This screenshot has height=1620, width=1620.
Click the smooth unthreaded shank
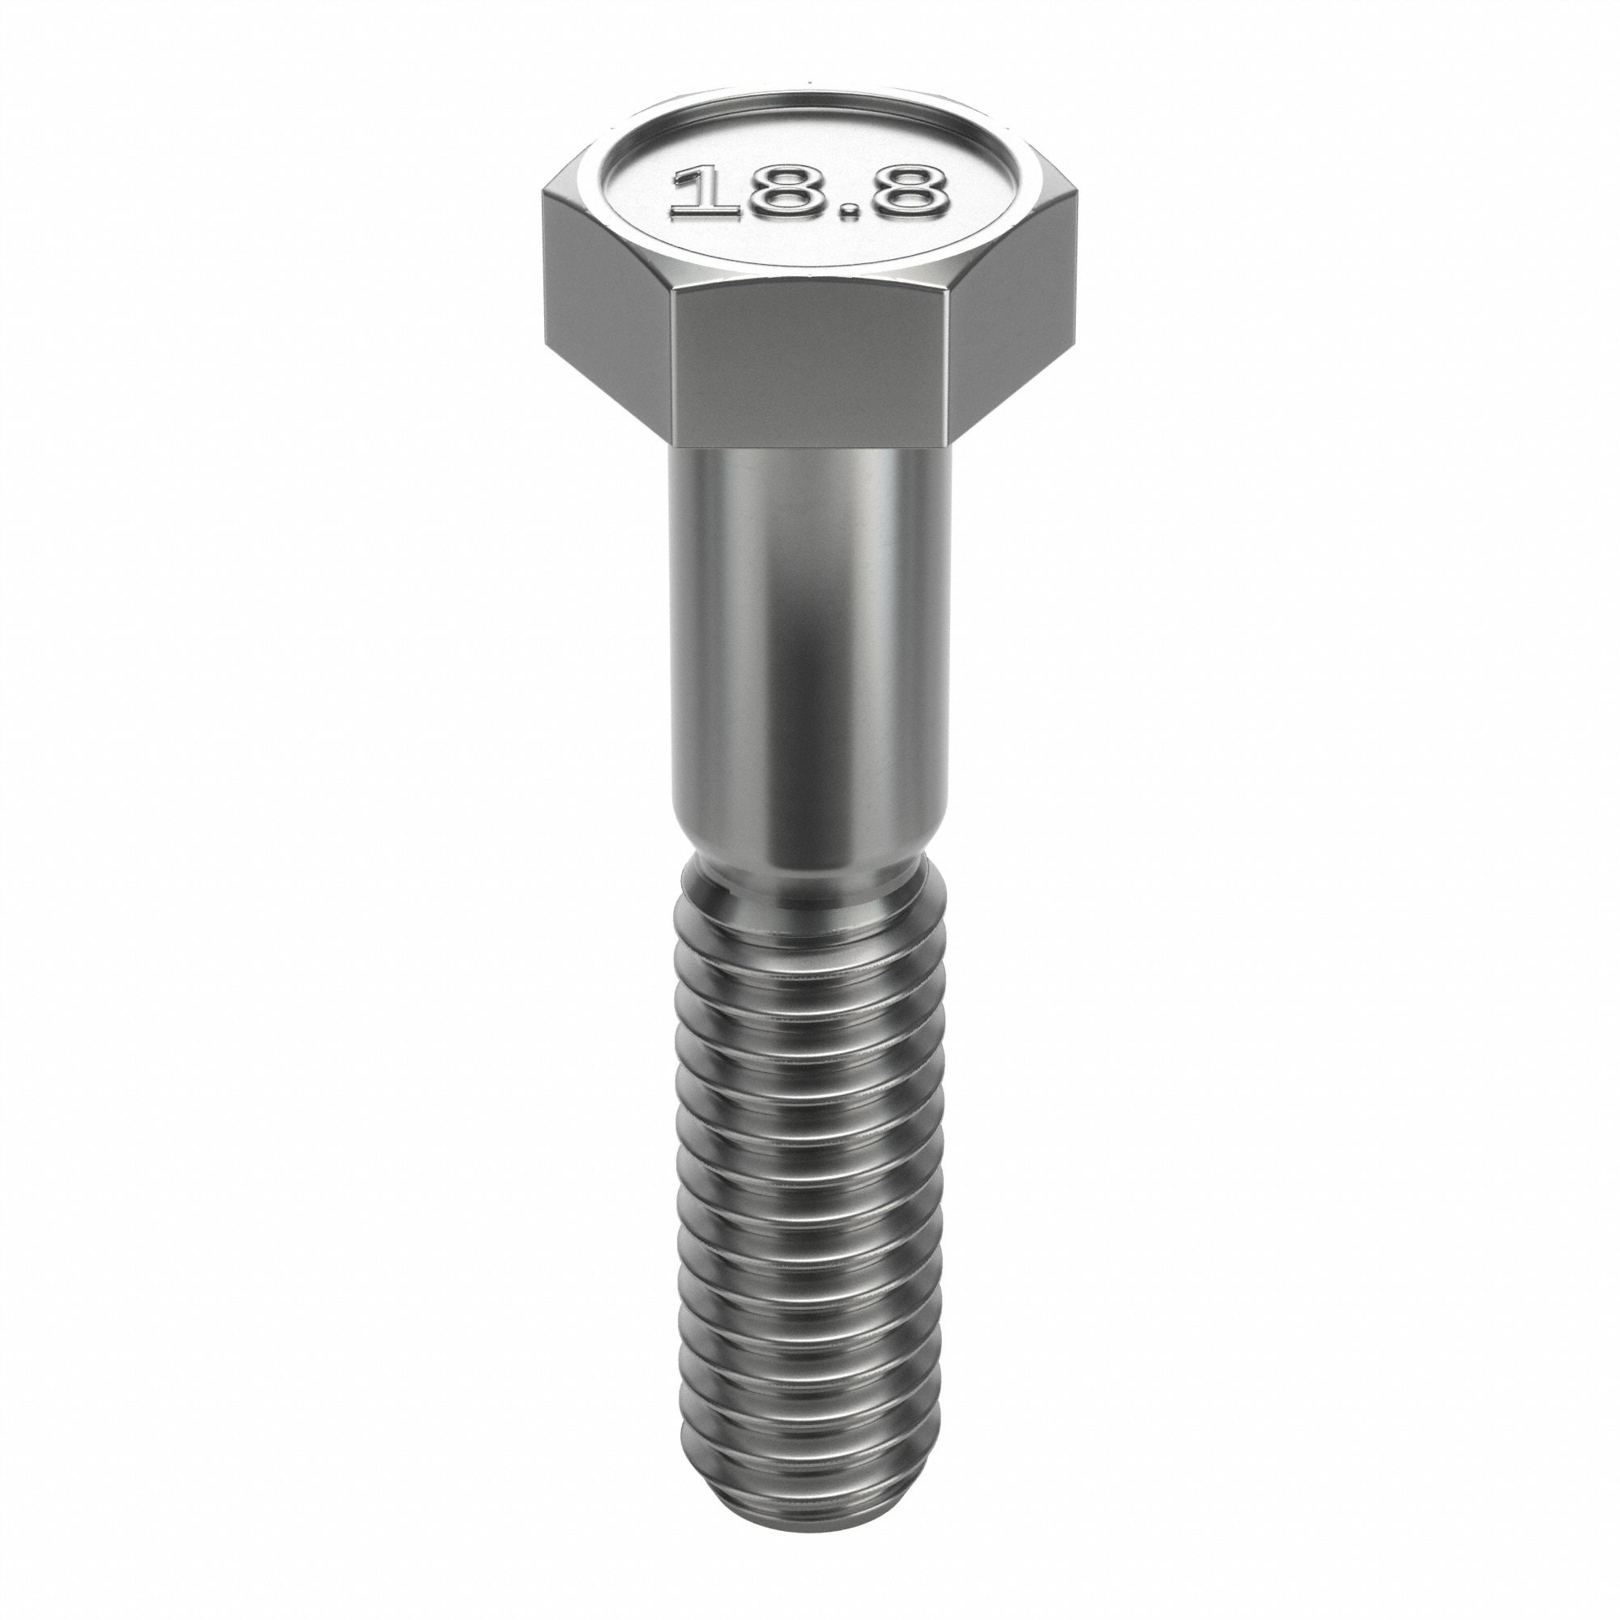pyautogui.click(x=810, y=654)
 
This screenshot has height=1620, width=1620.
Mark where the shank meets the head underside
pyautogui.click(x=810, y=450)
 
